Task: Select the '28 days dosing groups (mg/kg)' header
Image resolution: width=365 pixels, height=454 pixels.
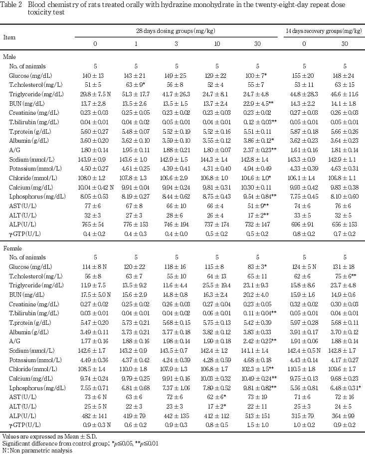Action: [176, 31]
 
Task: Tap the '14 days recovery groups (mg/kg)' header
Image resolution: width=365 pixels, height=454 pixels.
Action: [324, 31]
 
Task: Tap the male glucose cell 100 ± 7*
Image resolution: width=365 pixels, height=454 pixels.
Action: [258, 74]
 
